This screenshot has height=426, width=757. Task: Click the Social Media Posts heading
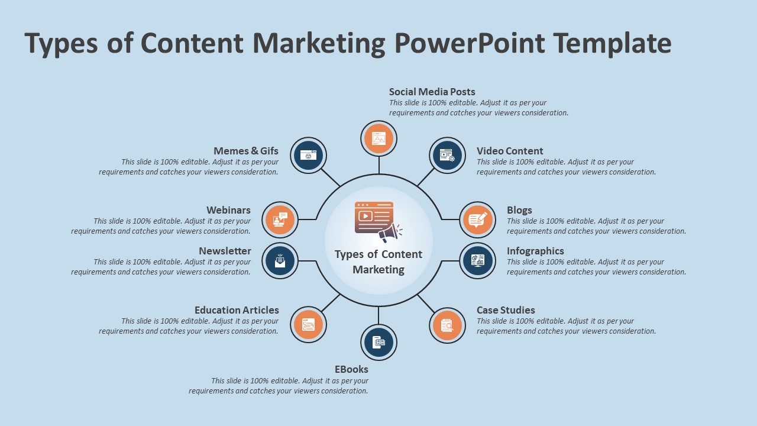coord(432,92)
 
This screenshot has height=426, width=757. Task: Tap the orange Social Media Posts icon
coord(378,139)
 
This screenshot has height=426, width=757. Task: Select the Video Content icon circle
coord(447,156)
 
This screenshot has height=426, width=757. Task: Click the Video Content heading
coord(510,151)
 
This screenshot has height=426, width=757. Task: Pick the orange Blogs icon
coord(477,220)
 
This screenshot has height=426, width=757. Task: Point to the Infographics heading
coord(535,251)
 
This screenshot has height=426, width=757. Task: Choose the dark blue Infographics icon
coord(477,260)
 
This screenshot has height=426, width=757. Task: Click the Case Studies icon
coord(447,325)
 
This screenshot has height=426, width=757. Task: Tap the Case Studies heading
coord(506,310)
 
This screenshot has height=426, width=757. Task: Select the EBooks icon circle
coord(378,342)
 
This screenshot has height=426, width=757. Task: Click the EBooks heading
coord(351,369)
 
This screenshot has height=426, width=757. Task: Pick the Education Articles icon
coord(308,325)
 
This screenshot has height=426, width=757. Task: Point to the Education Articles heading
coord(237,310)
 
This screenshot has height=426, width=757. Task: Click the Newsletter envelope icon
coord(280,260)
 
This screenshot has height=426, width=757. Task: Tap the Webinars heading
coord(228,210)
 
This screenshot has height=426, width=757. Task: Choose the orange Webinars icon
coord(280,220)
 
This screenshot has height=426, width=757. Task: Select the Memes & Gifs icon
coord(308,156)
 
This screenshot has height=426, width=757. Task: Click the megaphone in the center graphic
coord(390,232)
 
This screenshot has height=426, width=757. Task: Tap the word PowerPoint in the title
coord(469,43)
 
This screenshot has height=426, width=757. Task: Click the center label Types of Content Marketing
coord(378,262)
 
